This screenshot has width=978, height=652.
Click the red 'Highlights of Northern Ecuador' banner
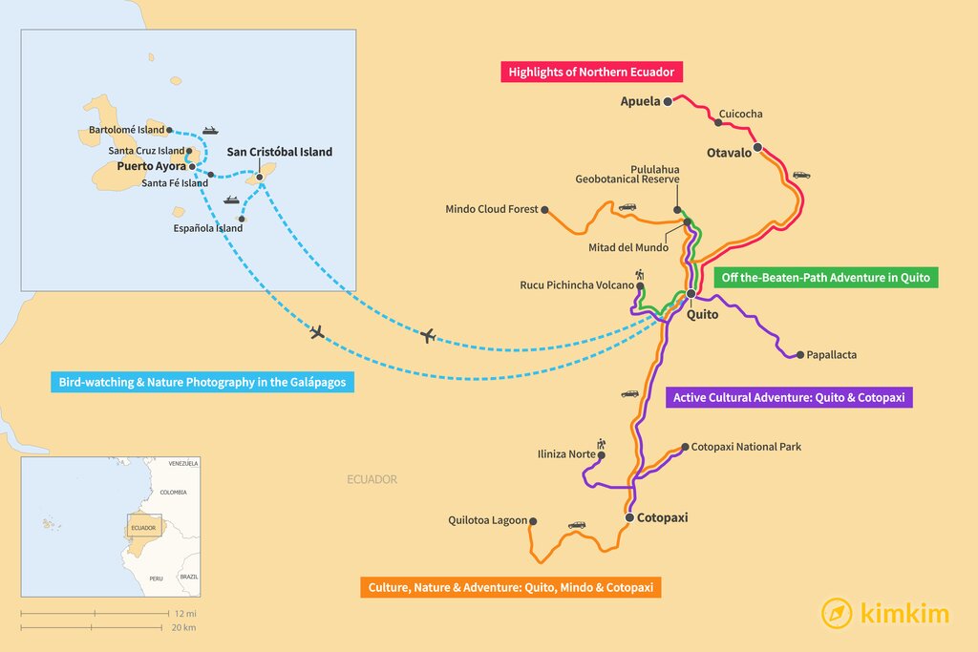(592, 73)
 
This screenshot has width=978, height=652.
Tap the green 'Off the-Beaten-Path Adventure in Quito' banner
(826, 278)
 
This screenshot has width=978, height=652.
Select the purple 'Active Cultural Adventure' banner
(789, 397)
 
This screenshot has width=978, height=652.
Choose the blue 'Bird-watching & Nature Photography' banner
(202, 383)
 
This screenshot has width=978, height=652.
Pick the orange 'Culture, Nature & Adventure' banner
(510, 587)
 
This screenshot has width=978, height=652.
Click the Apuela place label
(640, 102)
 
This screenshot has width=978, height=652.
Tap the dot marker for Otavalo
(757, 148)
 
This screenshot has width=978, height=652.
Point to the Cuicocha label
(740, 115)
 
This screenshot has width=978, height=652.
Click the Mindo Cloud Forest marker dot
(544, 210)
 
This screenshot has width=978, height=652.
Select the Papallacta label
(831, 355)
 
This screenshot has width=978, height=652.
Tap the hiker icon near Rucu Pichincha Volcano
(639, 275)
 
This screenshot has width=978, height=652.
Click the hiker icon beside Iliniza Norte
(601, 444)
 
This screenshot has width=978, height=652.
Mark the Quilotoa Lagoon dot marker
(533, 521)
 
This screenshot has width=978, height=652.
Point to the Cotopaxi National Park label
(746, 447)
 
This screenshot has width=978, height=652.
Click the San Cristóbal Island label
(279, 152)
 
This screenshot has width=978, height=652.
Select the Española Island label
(207, 228)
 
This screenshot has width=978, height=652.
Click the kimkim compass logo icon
(837, 613)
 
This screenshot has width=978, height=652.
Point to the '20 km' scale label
(184, 627)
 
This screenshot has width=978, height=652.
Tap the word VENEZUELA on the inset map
(182, 463)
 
